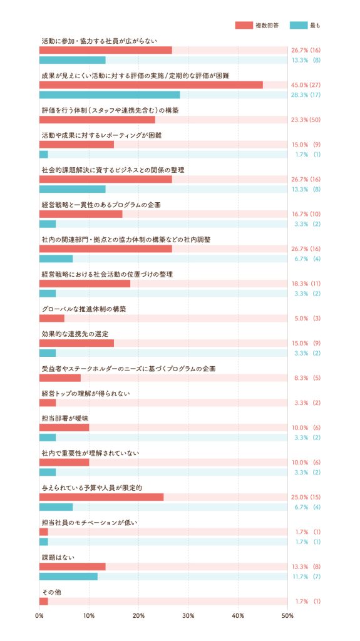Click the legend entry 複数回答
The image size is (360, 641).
coord(257,25)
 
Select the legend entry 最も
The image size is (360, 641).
coord(305,25)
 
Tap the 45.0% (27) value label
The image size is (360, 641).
coord(306,85)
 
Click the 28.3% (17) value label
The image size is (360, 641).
coord(306,95)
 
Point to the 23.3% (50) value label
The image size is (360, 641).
coord(306,120)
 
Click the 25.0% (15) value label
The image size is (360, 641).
coord(306,497)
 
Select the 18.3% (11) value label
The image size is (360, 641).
coord(306,284)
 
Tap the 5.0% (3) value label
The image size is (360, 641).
coord(307,319)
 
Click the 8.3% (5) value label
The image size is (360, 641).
coord(307,378)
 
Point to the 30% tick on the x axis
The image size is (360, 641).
coord(188,616)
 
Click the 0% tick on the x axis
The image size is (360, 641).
coord(39,616)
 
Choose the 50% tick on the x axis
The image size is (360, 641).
coord(287,616)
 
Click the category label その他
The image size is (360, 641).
coord(51,592)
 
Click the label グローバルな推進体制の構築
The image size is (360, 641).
coord(84,309)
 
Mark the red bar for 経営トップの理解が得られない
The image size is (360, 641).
coord(48,403)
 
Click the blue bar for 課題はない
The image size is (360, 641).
coord(68,577)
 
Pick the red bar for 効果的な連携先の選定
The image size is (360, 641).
coord(76,343)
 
